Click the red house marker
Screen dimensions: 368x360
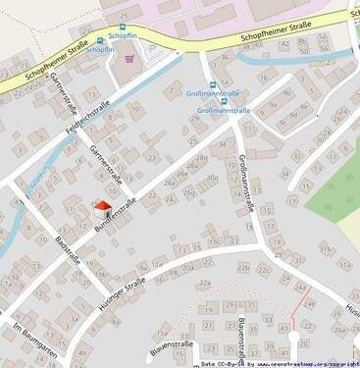click(102, 206)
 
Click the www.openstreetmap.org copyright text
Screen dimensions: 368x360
click(300, 363)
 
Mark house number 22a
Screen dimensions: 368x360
click(205, 283)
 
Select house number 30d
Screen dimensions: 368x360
click(212, 178)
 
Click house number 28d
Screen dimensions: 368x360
click(201, 157)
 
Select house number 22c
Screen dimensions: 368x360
click(263, 270)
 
